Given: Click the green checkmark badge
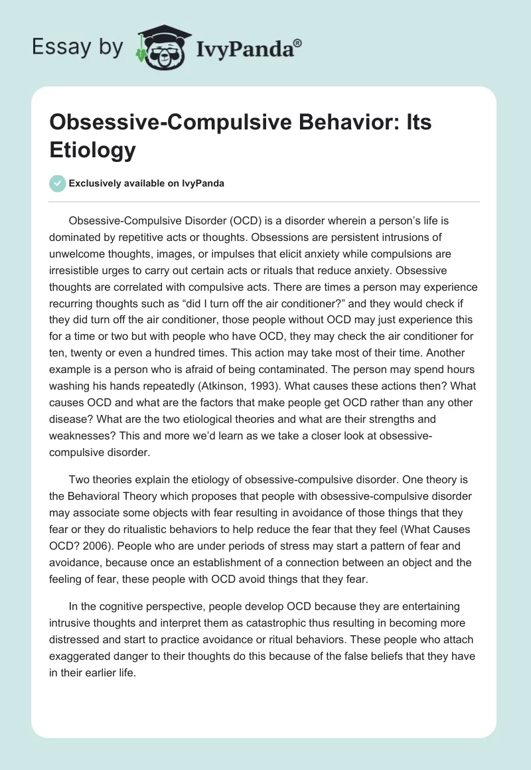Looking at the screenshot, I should (x=57, y=183).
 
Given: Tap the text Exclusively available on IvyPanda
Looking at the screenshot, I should (x=146, y=183).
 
